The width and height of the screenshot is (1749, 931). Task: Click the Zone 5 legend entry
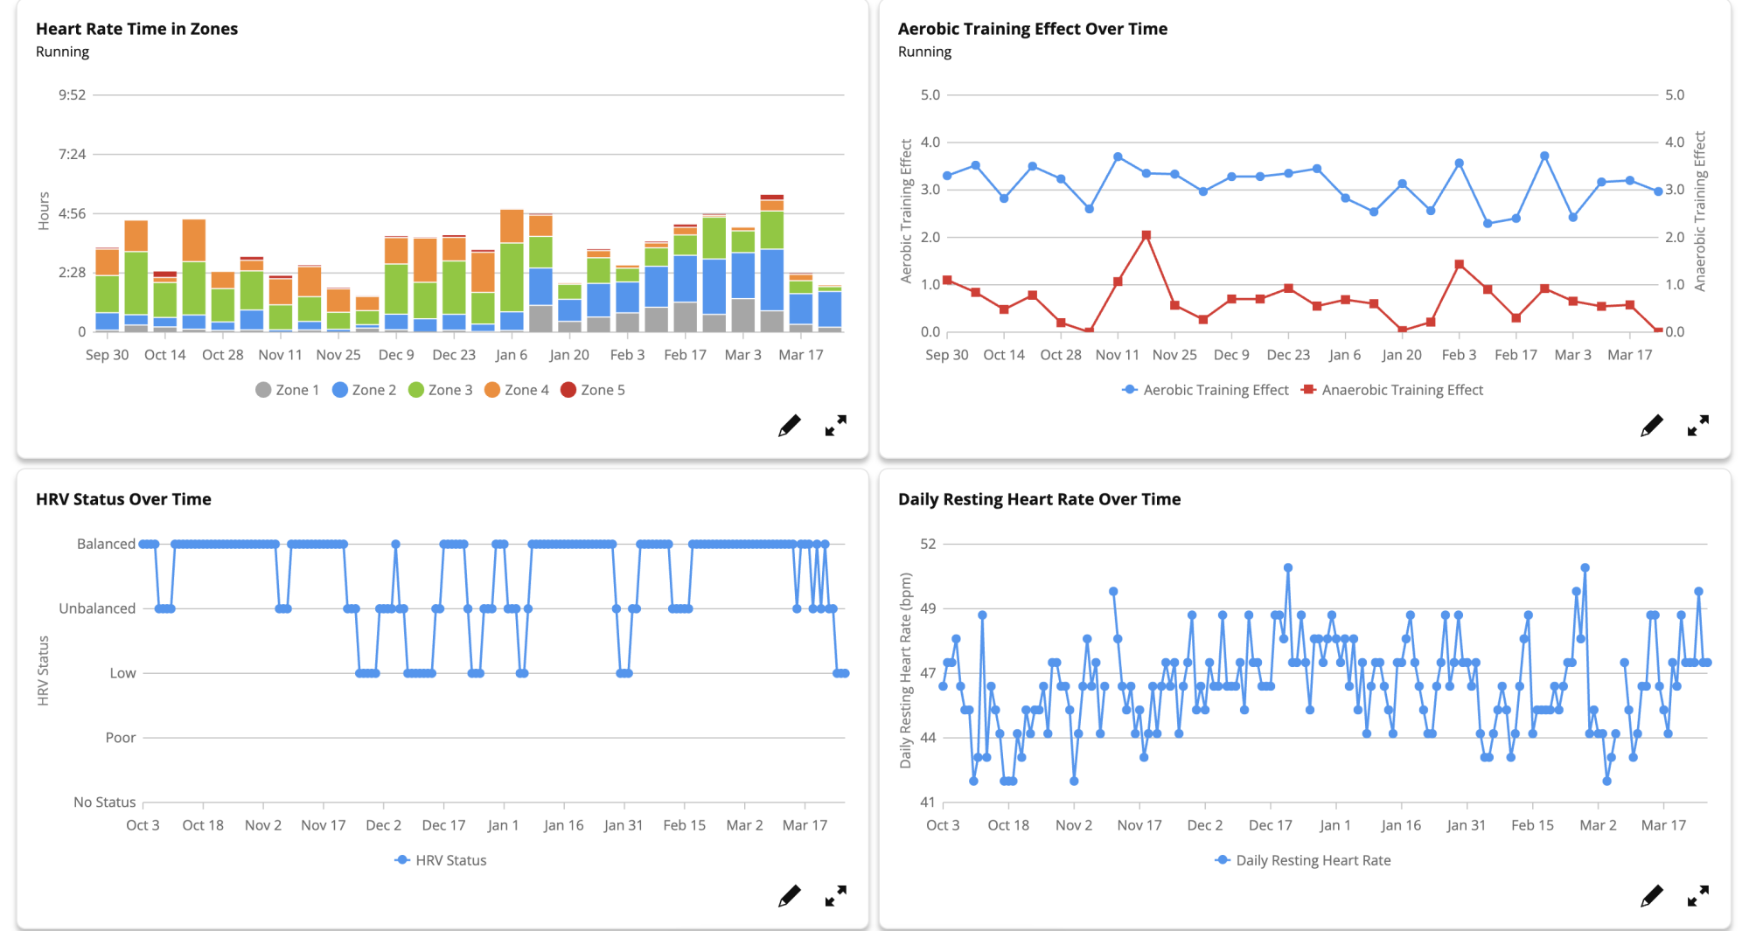click(593, 390)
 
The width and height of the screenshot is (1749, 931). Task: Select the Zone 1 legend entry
click(288, 390)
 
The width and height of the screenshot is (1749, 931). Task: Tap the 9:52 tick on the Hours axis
click(72, 94)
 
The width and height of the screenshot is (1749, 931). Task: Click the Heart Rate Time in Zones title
click(136, 29)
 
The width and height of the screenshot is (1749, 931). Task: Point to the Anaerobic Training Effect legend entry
click(1393, 390)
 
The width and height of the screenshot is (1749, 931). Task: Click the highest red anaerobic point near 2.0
click(1146, 235)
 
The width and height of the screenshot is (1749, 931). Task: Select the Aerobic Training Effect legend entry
click(1206, 390)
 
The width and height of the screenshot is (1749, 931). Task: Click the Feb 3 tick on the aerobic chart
click(1459, 355)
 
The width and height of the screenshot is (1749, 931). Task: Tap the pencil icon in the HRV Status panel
click(789, 896)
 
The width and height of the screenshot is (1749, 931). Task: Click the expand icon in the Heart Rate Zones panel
click(835, 426)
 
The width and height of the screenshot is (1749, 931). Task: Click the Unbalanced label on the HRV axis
click(97, 608)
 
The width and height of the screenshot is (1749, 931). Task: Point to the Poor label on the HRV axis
click(121, 738)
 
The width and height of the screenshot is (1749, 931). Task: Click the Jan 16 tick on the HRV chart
click(563, 825)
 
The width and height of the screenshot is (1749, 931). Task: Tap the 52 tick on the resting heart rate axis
click(928, 544)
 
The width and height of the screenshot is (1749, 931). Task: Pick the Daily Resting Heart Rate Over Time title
click(1039, 499)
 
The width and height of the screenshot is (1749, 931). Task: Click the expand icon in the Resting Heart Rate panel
click(1697, 896)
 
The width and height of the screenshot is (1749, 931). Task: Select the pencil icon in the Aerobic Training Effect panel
click(1651, 426)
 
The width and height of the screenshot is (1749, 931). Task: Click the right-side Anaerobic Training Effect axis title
click(1700, 211)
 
